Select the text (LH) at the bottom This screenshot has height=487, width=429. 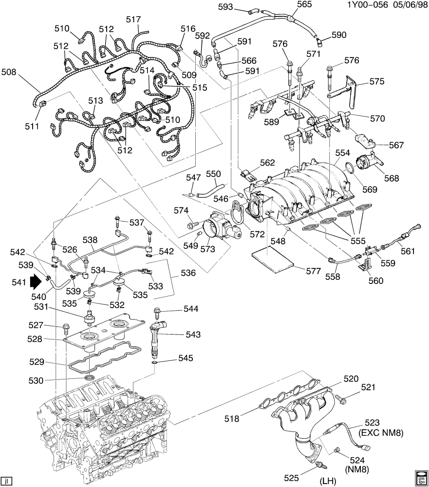coord(329,482)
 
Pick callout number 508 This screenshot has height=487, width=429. coord(9,72)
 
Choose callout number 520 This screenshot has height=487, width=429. coord(351,378)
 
